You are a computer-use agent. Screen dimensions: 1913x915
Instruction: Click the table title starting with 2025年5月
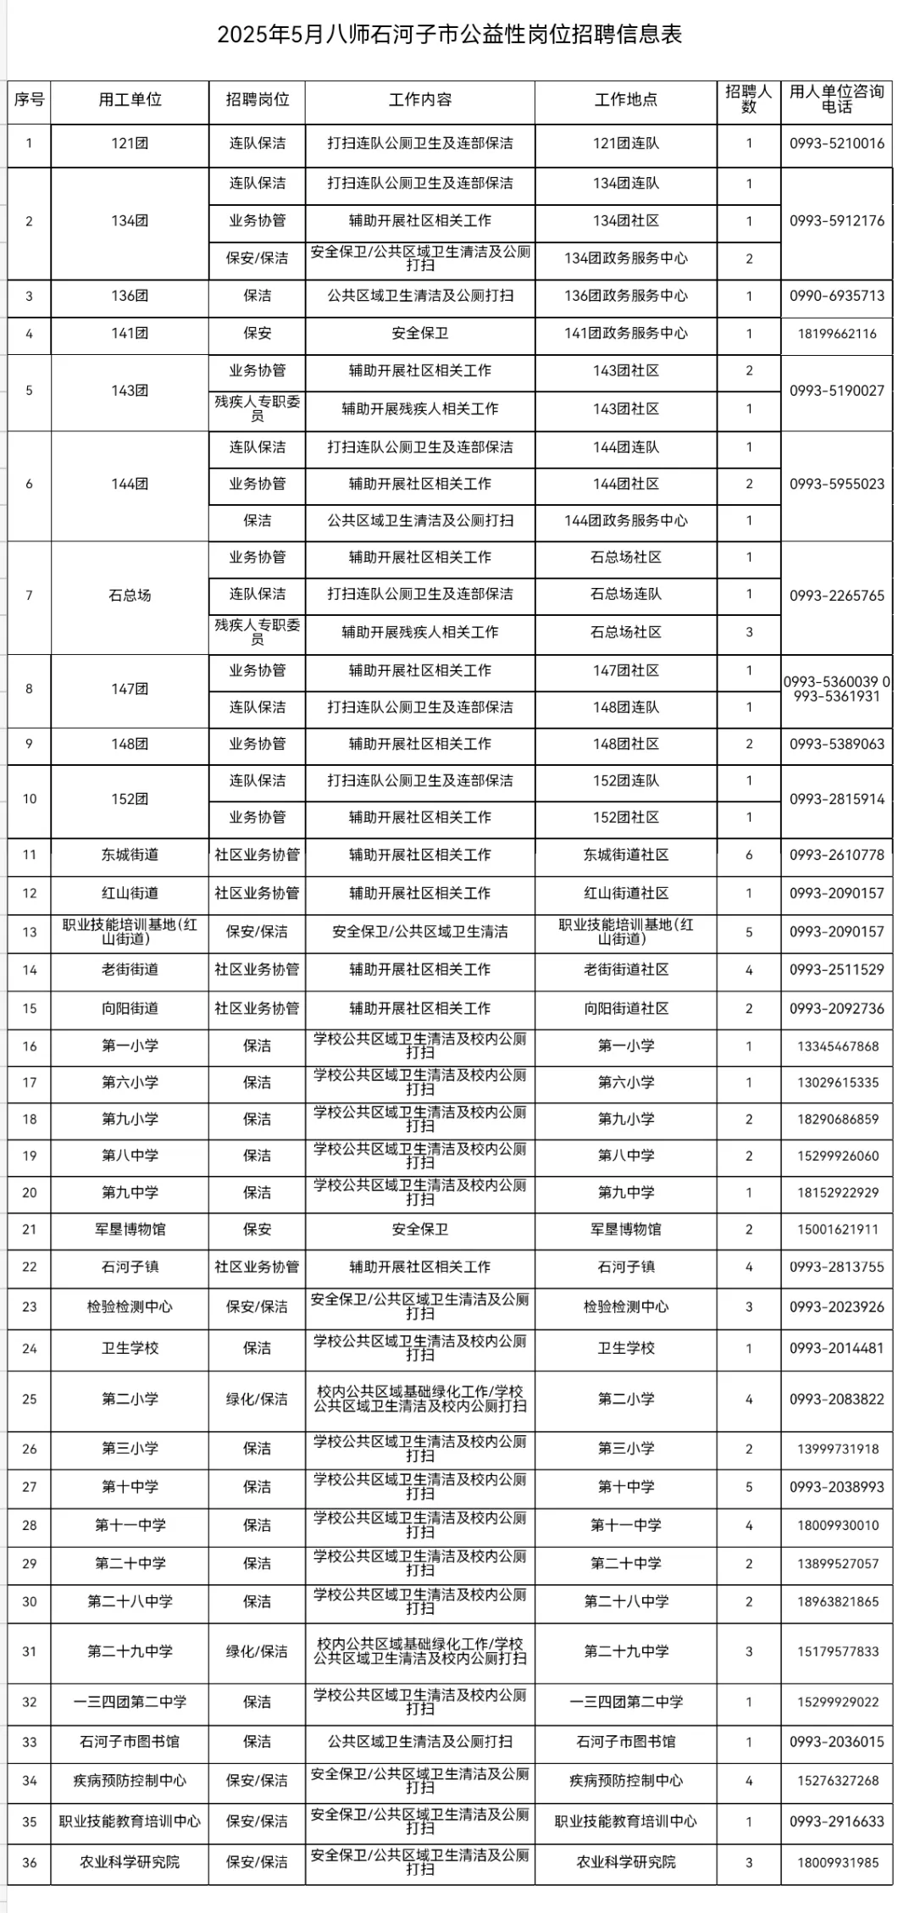(x=449, y=35)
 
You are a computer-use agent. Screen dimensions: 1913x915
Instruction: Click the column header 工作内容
(x=420, y=100)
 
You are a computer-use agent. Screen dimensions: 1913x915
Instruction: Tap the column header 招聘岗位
(x=258, y=100)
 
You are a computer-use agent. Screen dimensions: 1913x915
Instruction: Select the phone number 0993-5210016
(x=836, y=143)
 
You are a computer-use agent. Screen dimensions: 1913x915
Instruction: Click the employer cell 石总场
(x=130, y=596)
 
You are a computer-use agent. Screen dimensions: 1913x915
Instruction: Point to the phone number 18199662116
(x=836, y=334)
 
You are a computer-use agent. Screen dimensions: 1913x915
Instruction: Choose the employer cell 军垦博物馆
(x=130, y=1229)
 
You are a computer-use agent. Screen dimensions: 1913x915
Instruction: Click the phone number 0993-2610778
(x=836, y=855)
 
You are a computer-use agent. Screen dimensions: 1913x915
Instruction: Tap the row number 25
(x=30, y=1400)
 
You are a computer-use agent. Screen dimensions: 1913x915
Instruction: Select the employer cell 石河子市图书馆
(x=130, y=1742)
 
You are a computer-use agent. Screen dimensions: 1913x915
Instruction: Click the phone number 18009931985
(x=836, y=1862)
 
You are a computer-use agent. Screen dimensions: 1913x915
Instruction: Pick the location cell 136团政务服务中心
(x=626, y=296)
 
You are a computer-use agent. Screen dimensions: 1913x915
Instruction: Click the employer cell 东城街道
(x=130, y=855)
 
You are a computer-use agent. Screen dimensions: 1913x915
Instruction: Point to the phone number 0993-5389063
(x=836, y=744)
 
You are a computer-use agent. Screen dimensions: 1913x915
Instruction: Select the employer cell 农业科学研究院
(x=130, y=1862)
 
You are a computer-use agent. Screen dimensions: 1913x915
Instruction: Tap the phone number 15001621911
(x=836, y=1229)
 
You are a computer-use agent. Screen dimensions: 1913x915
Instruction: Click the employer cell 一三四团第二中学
(x=130, y=1702)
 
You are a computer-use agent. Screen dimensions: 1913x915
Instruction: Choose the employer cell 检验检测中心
(x=130, y=1306)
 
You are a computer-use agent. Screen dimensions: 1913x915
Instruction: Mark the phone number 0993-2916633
(x=836, y=1822)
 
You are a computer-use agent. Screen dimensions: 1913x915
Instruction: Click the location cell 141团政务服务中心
(x=626, y=334)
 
